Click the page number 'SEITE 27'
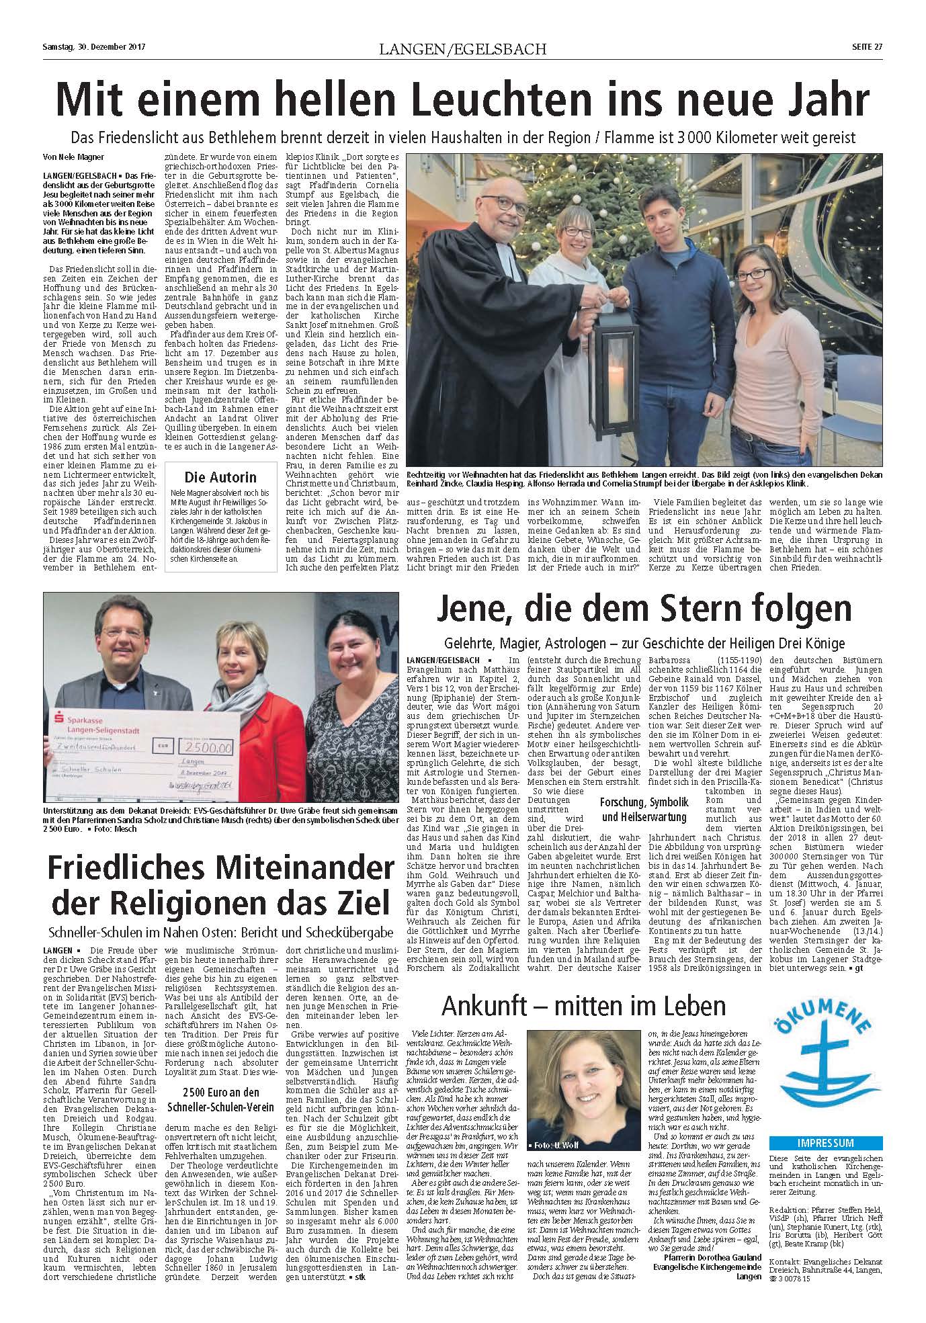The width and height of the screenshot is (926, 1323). pyautogui.click(x=867, y=47)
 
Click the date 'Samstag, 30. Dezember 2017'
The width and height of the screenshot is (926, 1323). pyautogui.click(x=94, y=47)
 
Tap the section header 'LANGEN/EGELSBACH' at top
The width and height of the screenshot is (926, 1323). pyautogui.click(x=462, y=48)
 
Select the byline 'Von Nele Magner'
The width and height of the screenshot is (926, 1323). pyautogui.click(x=73, y=159)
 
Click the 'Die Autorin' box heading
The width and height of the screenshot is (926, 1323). pyautogui.click(x=220, y=478)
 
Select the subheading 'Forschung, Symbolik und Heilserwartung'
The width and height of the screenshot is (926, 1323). pyautogui.click(x=644, y=810)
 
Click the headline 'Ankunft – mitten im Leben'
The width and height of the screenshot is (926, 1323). pyautogui.click(x=584, y=1006)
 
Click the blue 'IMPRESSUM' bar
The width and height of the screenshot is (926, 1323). pyautogui.click(x=826, y=1142)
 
